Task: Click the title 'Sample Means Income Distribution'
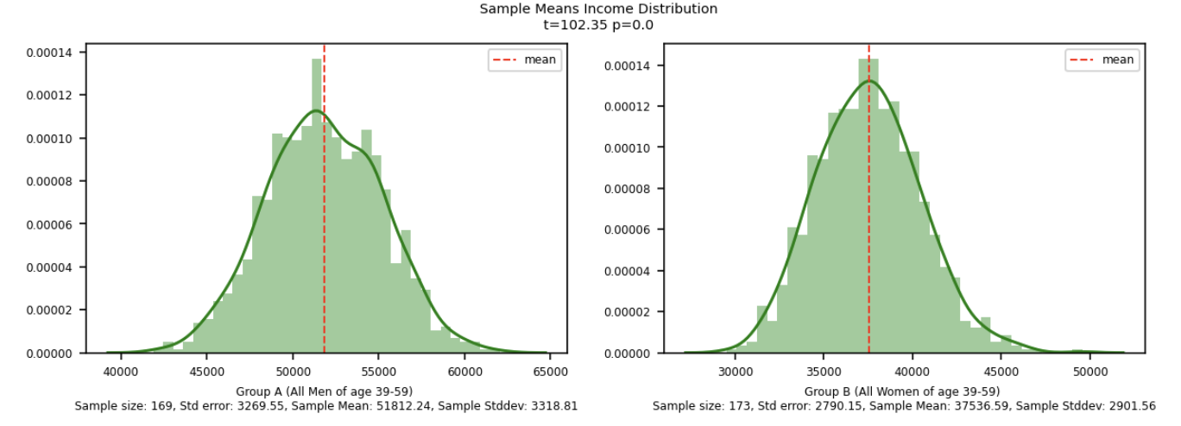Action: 598,9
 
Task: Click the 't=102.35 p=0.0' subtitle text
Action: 598,25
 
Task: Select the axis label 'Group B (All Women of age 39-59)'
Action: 902,392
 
